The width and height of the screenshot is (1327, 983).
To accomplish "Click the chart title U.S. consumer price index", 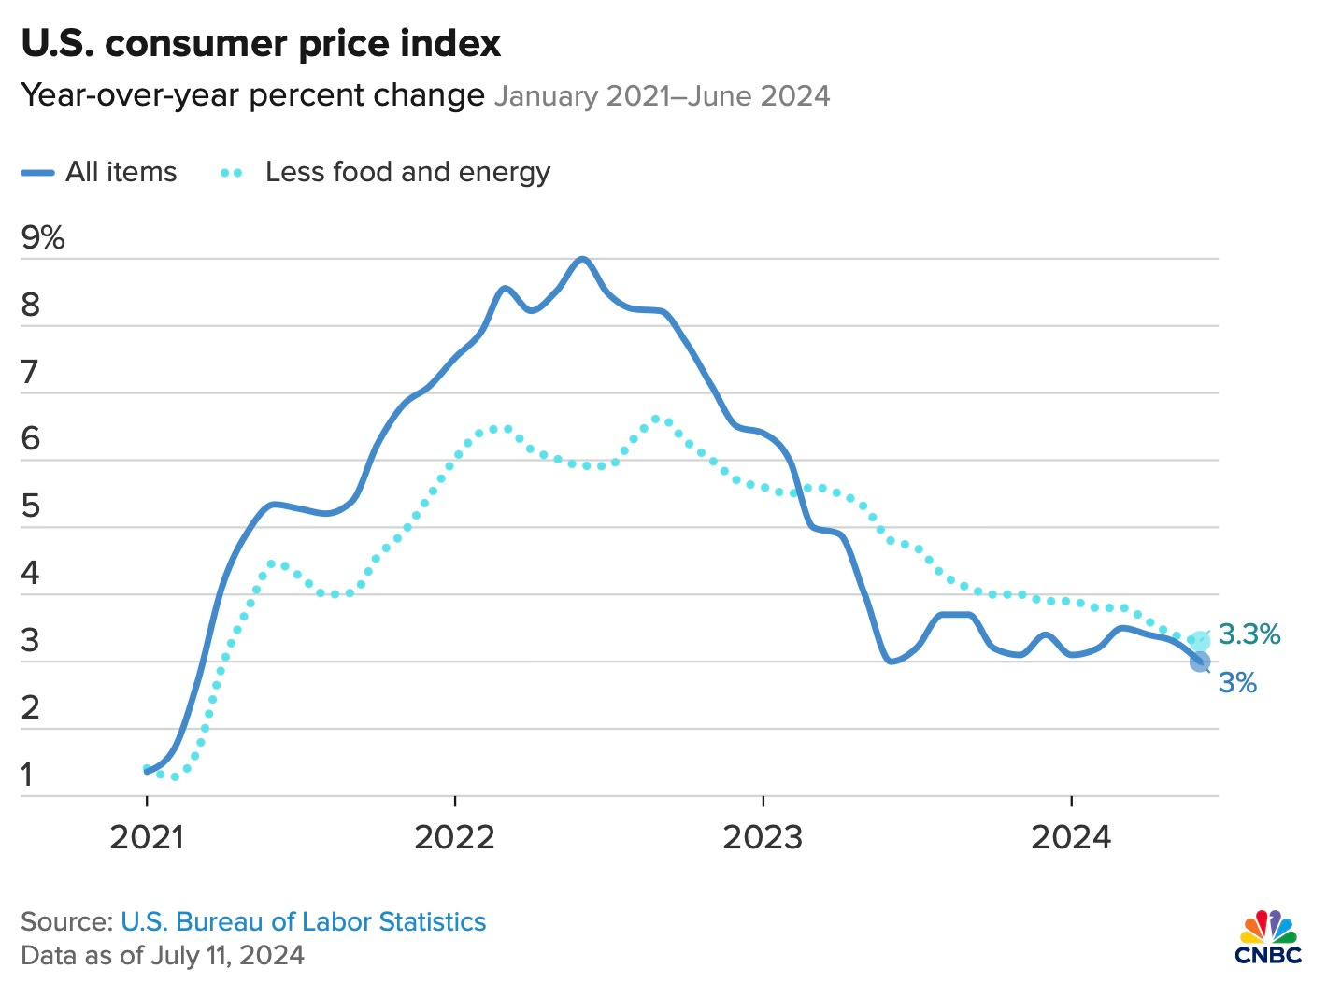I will (x=261, y=44).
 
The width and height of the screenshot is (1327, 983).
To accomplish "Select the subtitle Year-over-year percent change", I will (x=252, y=95).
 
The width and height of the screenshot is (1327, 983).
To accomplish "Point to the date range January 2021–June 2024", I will (x=662, y=96).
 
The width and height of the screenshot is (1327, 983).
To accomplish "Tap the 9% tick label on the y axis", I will (x=43, y=238).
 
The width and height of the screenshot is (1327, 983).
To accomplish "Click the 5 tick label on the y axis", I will (x=31, y=506).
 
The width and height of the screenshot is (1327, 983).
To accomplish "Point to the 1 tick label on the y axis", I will (x=28, y=776).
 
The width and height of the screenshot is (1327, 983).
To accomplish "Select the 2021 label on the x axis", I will (x=147, y=837).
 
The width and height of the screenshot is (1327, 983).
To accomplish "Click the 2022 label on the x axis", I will (x=454, y=837).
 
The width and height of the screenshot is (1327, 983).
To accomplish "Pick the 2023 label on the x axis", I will (x=763, y=837).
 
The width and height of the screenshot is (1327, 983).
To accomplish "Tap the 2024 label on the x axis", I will (x=1071, y=837).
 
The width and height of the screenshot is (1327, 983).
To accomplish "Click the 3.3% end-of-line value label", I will (x=1249, y=634).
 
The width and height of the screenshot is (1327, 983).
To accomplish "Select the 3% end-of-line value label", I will (x=1237, y=683).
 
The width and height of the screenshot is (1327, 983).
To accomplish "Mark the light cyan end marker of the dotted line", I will (x=1200, y=641).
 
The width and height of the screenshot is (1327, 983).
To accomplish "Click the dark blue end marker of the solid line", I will (x=1200, y=662).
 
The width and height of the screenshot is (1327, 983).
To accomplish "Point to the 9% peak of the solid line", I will (x=582, y=259).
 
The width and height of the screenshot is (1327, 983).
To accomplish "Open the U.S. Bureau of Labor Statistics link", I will (x=304, y=922).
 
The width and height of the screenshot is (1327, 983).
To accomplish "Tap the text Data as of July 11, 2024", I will (x=163, y=956).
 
